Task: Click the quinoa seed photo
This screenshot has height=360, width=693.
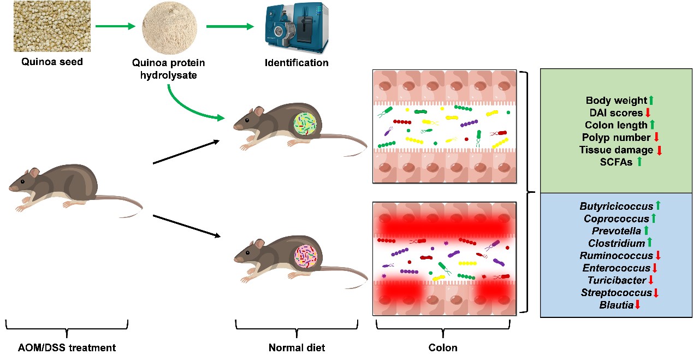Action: point(52,26)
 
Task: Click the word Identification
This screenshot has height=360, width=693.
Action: point(297,62)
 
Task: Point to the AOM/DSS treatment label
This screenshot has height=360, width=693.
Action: point(67,347)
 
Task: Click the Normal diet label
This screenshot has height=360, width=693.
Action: point(297,347)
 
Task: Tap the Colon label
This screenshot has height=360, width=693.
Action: point(443,347)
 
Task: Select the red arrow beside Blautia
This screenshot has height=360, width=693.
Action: point(637,305)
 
